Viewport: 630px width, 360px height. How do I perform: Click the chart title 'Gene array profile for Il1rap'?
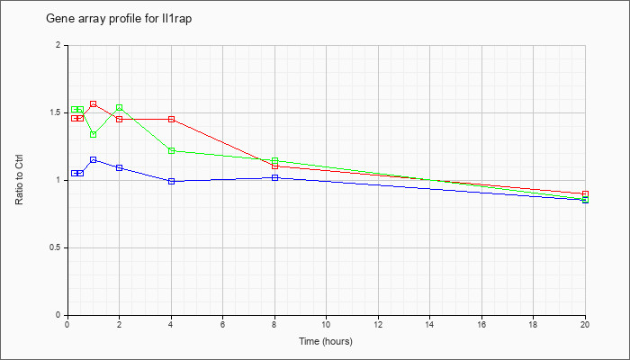point(119,19)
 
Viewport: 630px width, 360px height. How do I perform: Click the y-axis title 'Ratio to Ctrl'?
point(19,179)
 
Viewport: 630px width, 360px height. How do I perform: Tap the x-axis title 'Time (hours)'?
point(326,341)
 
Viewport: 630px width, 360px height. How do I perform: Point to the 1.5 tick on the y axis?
point(59,112)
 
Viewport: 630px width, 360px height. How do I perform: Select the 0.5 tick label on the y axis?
point(59,247)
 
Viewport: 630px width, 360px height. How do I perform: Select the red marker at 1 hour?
point(94,104)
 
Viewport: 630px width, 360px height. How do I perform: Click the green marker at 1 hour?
point(94,135)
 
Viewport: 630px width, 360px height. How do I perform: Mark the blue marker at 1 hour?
point(94,160)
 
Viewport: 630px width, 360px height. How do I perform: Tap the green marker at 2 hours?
point(120,108)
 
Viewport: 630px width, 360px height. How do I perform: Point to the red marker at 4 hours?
point(172,120)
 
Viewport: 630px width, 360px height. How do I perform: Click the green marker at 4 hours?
point(172,150)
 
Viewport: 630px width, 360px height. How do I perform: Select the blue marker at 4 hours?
point(172,181)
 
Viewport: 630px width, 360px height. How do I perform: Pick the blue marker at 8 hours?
point(274,177)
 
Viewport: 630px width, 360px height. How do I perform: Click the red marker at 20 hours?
point(585,194)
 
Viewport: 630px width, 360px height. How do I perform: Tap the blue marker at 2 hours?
point(120,167)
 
